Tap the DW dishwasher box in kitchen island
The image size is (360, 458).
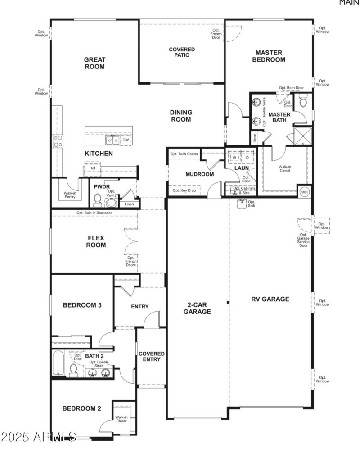tap(126, 141)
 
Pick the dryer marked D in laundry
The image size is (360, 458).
tap(247, 158)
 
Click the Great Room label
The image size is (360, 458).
tap(94, 63)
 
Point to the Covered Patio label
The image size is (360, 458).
tap(182, 52)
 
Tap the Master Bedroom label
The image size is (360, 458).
tap(269, 56)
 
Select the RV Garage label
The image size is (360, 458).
tap(270, 299)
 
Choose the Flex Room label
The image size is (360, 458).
tap(96, 241)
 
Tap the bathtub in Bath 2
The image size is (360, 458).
tap(58, 363)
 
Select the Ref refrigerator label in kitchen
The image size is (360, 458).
tap(92, 168)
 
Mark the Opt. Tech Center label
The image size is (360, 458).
tap(184, 154)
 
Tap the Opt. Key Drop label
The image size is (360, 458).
tap(184, 191)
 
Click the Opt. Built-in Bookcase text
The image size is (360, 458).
tap(94, 213)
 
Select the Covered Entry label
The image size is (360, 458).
tap(151, 356)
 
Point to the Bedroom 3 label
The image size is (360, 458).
tap(82, 305)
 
